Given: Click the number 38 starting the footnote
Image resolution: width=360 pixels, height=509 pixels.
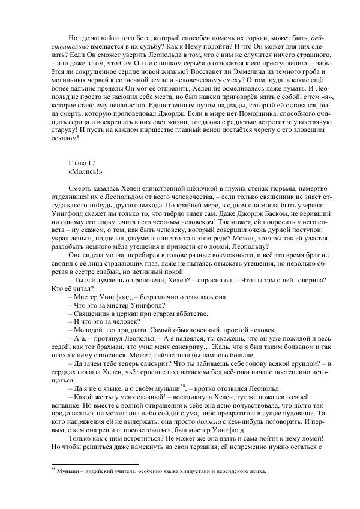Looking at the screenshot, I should [x=52, y=470].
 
